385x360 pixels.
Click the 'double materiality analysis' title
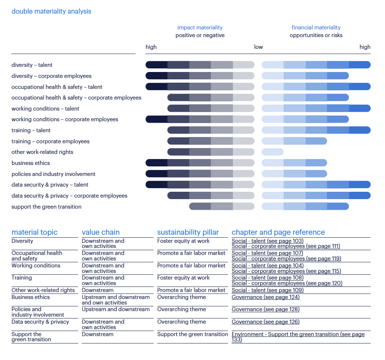[51, 11]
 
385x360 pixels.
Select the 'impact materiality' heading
[200, 28]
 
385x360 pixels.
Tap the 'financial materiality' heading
[316, 28]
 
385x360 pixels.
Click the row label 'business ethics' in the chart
[30, 163]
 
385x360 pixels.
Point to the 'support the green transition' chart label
[46, 207]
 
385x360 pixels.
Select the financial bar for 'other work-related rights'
[272, 152]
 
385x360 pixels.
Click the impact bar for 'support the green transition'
[222, 206]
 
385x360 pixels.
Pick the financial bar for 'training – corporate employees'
[294, 141]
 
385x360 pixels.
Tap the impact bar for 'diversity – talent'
[200, 65]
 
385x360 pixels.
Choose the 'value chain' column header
[100, 232]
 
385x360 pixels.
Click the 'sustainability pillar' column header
[188, 232]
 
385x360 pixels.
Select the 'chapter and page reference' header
[278, 232]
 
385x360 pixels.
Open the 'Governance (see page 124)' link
[265, 297]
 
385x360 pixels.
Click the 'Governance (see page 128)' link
[265, 309]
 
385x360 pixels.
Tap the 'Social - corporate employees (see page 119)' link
[286, 259]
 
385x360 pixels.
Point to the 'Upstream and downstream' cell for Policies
[115, 309]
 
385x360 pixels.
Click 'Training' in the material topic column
[22, 278]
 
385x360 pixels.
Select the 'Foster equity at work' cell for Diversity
[183, 241]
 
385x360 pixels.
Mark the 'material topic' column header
[34, 232]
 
